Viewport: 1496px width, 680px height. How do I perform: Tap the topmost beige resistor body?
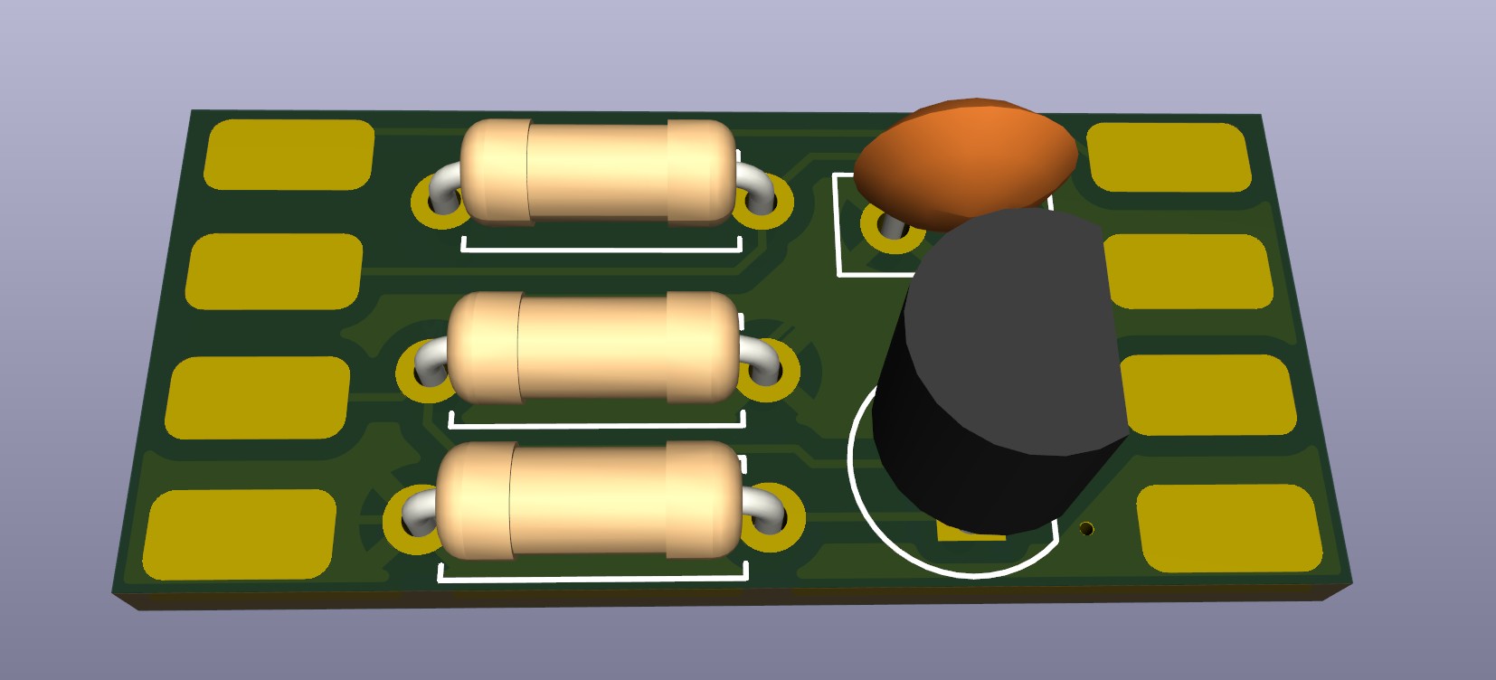[597, 171]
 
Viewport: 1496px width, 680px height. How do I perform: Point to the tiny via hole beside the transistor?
[1087, 528]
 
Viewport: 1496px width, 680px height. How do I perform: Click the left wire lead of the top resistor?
[444, 187]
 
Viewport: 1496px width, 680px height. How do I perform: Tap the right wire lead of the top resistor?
[755, 191]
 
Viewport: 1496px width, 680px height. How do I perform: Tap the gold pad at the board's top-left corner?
[289, 155]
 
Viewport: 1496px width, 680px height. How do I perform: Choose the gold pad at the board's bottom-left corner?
[240, 534]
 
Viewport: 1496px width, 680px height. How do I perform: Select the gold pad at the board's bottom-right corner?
[1230, 529]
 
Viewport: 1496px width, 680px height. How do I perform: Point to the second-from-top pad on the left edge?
[275, 270]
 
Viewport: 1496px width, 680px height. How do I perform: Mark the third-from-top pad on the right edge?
[1207, 395]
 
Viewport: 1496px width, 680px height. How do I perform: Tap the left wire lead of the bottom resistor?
[417, 515]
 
